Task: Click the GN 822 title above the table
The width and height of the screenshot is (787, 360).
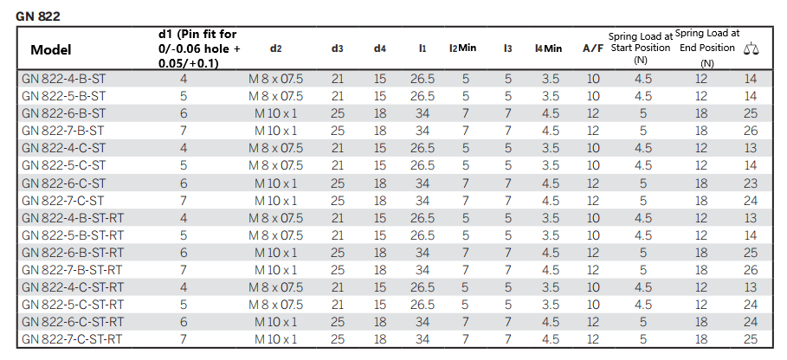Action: click(38, 16)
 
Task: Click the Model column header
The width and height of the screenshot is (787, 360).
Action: click(51, 49)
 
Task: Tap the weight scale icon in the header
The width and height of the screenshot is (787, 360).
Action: click(751, 48)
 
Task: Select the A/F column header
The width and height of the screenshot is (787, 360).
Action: click(593, 48)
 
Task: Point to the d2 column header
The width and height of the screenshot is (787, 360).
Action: click(275, 48)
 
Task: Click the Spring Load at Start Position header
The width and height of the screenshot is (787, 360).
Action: click(640, 48)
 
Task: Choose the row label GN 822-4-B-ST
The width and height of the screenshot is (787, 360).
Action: click(64, 79)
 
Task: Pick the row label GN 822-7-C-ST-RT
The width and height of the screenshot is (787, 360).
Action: click(72, 339)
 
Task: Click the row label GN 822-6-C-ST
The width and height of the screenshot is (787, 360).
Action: click(64, 183)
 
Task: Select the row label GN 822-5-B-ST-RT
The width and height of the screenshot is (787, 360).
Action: click(72, 235)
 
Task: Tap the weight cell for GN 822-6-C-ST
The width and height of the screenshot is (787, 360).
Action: click(751, 183)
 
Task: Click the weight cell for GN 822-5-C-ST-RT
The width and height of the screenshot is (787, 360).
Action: click(751, 305)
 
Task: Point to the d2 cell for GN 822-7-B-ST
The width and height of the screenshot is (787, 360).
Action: click(275, 131)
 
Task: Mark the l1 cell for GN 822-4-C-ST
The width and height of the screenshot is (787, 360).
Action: click(423, 148)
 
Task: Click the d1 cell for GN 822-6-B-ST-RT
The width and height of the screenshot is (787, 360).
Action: click(184, 253)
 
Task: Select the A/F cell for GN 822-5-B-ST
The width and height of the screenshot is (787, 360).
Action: click(593, 96)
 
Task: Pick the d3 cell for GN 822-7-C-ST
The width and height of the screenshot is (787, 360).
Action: click(338, 201)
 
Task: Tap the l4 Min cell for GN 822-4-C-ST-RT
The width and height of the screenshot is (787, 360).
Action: click(551, 287)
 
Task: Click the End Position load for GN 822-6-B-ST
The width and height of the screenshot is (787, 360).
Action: click(700, 113)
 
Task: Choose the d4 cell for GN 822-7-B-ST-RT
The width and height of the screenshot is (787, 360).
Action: click(380, 270)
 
